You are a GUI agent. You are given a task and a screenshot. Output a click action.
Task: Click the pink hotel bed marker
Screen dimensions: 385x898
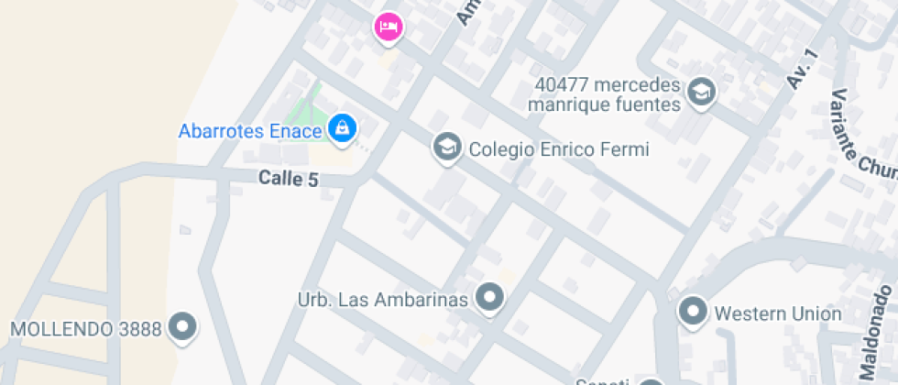pyautogui.click(x=389, y=27)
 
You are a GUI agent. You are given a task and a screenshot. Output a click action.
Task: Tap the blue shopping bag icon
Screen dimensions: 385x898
pyautogui.click(x=342, y=128)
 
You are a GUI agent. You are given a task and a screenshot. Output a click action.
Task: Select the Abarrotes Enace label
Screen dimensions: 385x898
pyautogui.click(x=250, y=131)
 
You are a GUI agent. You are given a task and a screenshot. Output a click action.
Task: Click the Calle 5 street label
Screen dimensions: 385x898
pyautogui.click(x=288, y=179)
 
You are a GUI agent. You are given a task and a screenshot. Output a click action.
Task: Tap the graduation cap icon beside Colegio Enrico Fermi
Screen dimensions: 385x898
pyautogui.click(x=446, y=147)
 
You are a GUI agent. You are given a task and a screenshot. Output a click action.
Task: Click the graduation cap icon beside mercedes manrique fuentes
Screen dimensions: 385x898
pyautogui.click(x=701, y=93)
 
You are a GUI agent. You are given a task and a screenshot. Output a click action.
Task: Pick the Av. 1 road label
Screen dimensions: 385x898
pyautogui.click(x=802, y=67)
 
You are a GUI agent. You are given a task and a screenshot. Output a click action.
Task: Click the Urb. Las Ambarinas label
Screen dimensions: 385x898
pyautogui.click(x=384, y=299)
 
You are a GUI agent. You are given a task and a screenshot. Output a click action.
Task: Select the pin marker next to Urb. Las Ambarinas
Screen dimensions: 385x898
pyautogui.click(x=491, y=297)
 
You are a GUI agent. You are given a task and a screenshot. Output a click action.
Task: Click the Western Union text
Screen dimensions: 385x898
pyautogui.click(x=778, y=313)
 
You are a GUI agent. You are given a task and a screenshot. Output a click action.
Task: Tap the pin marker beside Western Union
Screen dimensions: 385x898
pyautogui.click(x=693, y=311)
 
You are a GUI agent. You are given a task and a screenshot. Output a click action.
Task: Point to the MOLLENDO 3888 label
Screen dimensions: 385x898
pyautogui.click(x=86, y=328)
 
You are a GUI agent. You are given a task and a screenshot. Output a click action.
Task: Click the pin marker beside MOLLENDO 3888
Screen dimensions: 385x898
pyautogui.click(x=185, y=326)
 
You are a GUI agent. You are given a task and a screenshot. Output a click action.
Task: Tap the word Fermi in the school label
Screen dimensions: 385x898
pyautogui.click(x=626, y=148)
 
